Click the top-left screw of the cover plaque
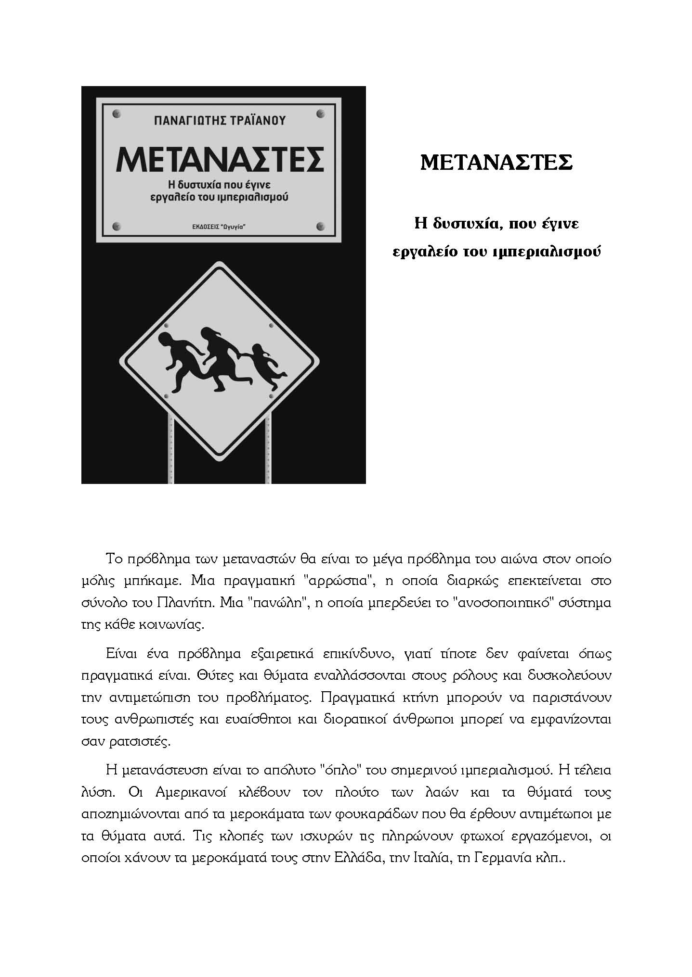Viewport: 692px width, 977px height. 116,114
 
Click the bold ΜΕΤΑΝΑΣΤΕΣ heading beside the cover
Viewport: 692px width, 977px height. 496,163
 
